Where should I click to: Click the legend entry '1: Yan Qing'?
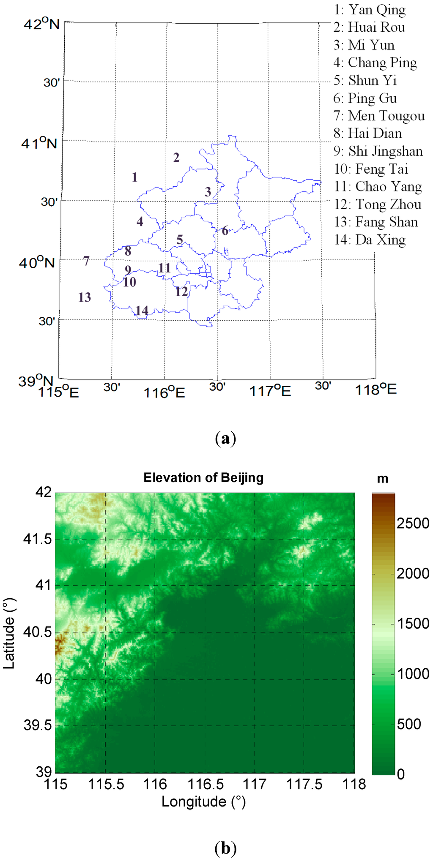pyautogui.click(x=370, y=9)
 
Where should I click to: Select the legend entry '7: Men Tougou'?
pyautogui.click(x=379, y=115)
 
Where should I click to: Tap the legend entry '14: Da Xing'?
pyautogui.click(x=370, y=240)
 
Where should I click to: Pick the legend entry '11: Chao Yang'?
pyautogui.click(x=378, y=186)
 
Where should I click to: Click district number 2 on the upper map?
pyautogui.click(x=176, y=158)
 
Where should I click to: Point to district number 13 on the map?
pyautogui.click(x=85, y=297)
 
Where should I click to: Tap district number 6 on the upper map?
pyautogui.click(x=225, y=231)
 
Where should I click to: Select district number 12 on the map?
pyautogui.click(x=181, y=292)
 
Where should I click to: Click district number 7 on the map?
pyautogui.click(x=86, y=261)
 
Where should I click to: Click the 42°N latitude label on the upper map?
pyautogui.click(x=41, y=24)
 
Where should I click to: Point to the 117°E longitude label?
pyautogui.click(x=270, y=391)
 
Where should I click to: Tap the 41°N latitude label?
pyautogui.click(x=39, y=144)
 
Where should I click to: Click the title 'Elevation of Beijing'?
pyautogui.click(x=203, y=478)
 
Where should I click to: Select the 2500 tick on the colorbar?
pyautogui.click(x=412, y=523)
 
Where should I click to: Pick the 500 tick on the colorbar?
pyautogui.click(x=408, y=724)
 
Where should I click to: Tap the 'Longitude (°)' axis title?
pyautogui.click(x=203, y=801)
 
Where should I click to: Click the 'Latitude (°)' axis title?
pyautogui.click(x=9, y=633)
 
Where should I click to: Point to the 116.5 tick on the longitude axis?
pyautogui.click(x=205, y=785)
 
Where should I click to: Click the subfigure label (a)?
pyautogui.click(x=225, y=439)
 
